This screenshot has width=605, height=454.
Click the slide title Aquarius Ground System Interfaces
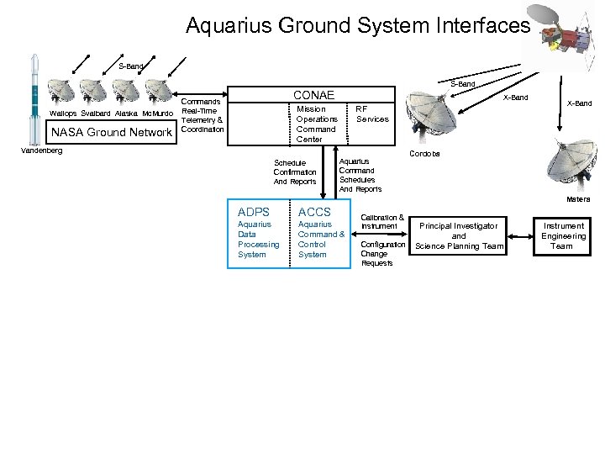(x=358, y=26)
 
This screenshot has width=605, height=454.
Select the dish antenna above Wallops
(x=62, y=92)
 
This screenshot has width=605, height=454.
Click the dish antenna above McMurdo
(x=158, y=92)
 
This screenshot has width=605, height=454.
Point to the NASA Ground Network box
(x=112, y=132)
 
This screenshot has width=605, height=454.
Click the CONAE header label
(x=313, y=95)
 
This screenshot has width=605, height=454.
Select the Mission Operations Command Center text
(x=317, y=124)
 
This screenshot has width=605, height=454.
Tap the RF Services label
(x=372, y=113)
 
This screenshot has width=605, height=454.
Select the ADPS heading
(x=254, y=212)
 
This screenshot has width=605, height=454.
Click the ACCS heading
(x=314, y=212)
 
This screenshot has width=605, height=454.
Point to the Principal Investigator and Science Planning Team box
(x=459, y=235)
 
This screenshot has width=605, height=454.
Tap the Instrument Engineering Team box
(x=563, y=235)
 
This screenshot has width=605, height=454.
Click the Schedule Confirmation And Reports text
(x=295, y=172)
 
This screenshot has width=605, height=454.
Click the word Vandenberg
(x=41, y=150)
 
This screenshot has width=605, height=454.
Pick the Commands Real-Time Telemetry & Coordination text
(x=202, y=113)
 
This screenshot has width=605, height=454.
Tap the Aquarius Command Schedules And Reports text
(x=360, y=175)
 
